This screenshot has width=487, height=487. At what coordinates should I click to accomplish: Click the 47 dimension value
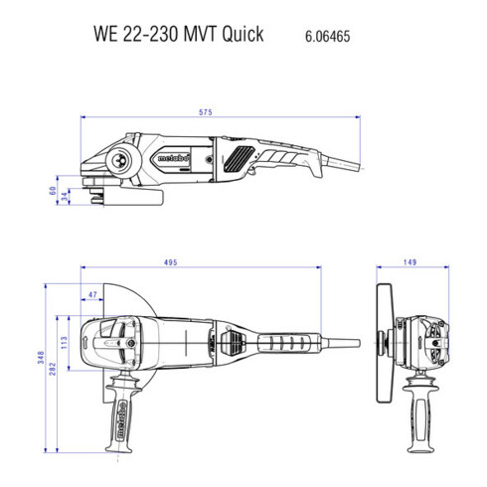coord(92,295)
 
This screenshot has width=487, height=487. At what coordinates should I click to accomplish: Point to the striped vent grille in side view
coord(240,156)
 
